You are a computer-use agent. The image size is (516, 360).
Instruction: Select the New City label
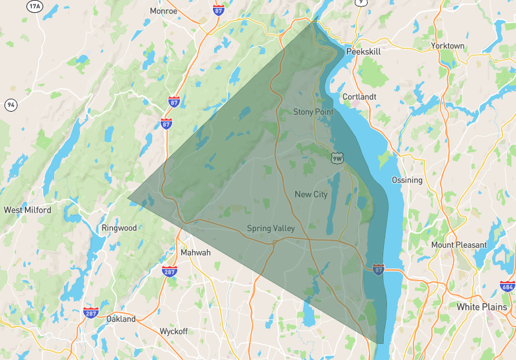pyautogui.click(x=311, y=194)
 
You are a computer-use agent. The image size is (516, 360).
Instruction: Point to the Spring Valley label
pyautogui.click(x=271, y=228)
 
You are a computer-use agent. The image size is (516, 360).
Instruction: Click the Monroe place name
pyautogui.click(x=163, y=10)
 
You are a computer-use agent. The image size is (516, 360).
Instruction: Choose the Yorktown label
pyautogui.click(x=448, y=46)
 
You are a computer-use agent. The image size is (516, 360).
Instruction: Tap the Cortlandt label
pyautogui.click(x=359, y=97)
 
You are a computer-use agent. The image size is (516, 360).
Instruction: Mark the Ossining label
pyautogui.click(x=407, y=180)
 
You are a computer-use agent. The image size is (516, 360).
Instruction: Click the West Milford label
pyautogui.click(x=27, y=210)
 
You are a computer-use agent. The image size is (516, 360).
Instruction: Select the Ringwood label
pyautogui.click(x=119, y=228)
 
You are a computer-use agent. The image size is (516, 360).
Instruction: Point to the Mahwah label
pyautogui.click(x=195, y=252)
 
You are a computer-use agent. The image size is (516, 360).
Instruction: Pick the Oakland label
pyautogui.click(x=121, y=319)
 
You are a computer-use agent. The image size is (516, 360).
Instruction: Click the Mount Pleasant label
pyautogui.click(x=459, y=245)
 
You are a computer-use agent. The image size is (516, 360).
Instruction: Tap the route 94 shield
pyautogui.click(x=11, y=105)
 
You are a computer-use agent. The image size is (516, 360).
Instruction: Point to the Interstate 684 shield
pyautogui.click(x=508, y=285)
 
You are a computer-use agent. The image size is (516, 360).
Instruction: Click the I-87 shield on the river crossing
pyautogui.click(x=379, y=268)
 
